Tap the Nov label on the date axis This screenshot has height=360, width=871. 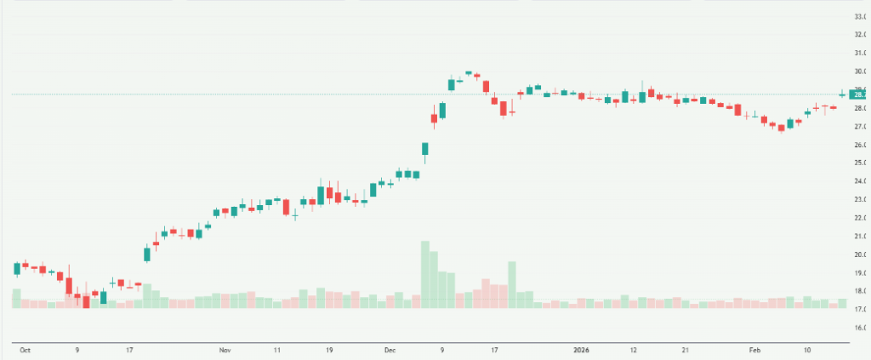(x=225, y=350)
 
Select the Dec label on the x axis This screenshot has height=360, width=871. (x=390, y=350)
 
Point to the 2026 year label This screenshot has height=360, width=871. (x=581, y=350)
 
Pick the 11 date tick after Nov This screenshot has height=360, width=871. (x=277, y=350)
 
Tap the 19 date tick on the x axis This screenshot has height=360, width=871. (x=329, y=350)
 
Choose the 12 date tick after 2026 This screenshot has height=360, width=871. (x=634, y=350)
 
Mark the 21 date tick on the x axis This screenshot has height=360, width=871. (x=686, y=350)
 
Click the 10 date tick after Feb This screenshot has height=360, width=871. (x=807, y=350)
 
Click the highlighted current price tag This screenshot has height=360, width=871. (x=858, y=94)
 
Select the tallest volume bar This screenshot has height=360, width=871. (x=424, y=274)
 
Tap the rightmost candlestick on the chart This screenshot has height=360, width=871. (x=842, y=94)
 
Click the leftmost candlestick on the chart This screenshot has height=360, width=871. (x=16, y=269)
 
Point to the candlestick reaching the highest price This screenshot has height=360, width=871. (x=469, y=73)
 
